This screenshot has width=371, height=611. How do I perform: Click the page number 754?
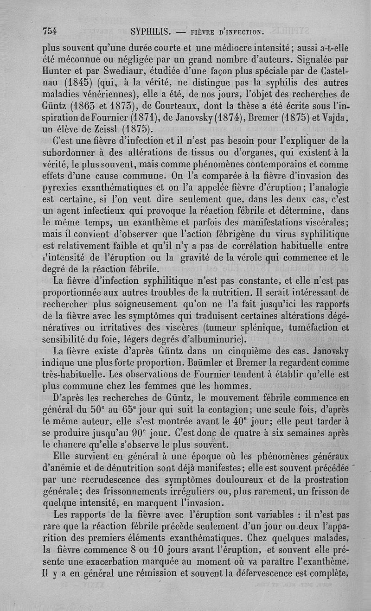click(x=50, y=31)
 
